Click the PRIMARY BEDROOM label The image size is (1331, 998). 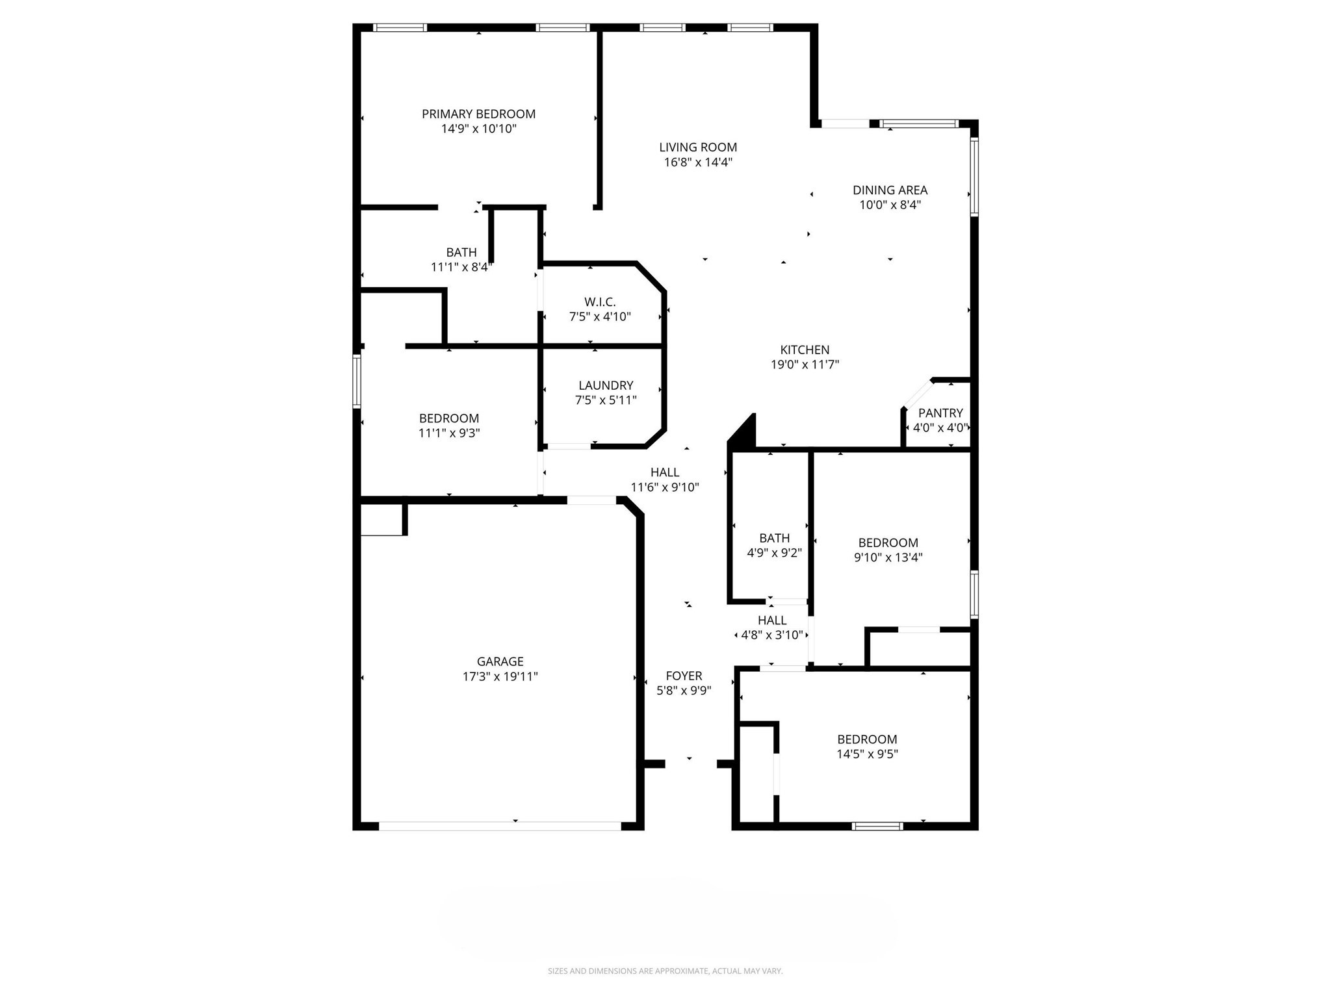tap(478, 114)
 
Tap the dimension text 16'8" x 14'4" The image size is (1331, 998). tap(698, 162)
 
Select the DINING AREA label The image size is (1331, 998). tap(890, 190)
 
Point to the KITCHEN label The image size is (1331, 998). tap(805, 350)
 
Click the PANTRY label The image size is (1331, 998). tap(940, 413)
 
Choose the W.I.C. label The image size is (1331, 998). tap(599, 301)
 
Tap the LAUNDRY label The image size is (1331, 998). tap(606, 385)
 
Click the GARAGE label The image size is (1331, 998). tap(500, 661)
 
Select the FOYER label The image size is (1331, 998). tap(684, 676)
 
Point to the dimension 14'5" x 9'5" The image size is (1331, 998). tap(867, 754)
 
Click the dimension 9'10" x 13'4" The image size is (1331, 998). tap(888, 557)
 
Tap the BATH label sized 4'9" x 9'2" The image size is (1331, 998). tap(774, 538)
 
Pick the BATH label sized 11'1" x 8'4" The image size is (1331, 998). tap(461, 252)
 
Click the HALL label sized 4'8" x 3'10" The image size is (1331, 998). tap(772, 621)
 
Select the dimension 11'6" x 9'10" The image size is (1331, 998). tap(664, 487)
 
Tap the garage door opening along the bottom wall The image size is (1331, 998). tap(500, 826)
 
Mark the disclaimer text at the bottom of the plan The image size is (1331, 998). tap(665, 971)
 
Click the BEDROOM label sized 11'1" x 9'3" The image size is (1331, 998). tap(449, 418)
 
